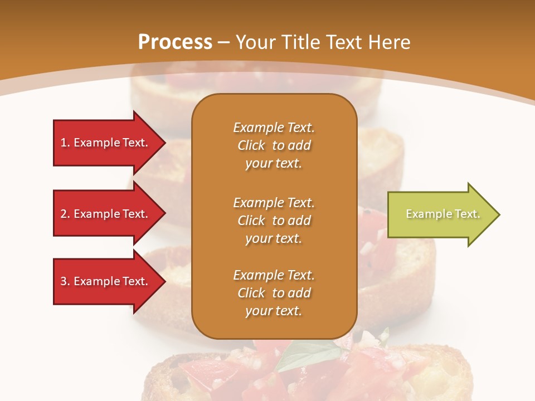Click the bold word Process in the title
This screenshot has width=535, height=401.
click(175, 42)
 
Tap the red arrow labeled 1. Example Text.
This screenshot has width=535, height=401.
click(106, 143)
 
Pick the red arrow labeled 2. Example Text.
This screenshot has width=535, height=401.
click(106, 214)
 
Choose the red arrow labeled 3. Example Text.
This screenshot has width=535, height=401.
click(106, 281)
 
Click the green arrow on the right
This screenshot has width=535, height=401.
click(440, 214)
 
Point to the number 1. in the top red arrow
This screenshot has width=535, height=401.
click(65, 143)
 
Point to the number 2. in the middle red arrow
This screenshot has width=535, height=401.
click(65, 214)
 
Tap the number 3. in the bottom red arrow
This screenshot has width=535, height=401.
click(65, 281)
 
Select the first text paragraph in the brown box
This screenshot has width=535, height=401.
click(274, 145)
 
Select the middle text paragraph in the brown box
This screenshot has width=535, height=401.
click(274, 221)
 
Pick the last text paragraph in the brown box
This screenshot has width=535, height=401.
click(274, 293)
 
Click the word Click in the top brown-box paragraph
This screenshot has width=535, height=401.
click(251, 145)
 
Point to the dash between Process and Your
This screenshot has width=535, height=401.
click(223, 42)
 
